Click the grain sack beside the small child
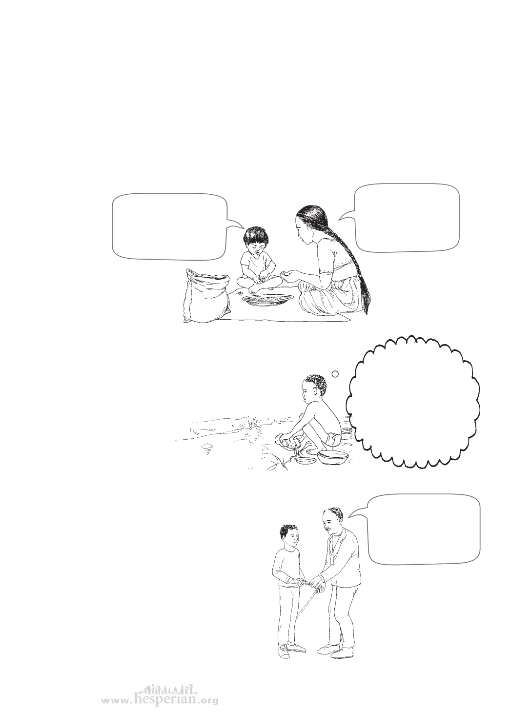[206, 296]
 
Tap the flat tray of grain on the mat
[267, 299]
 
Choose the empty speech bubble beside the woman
[402, 218]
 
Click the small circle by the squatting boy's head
[335, 374]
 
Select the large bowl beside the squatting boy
[333, 457]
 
